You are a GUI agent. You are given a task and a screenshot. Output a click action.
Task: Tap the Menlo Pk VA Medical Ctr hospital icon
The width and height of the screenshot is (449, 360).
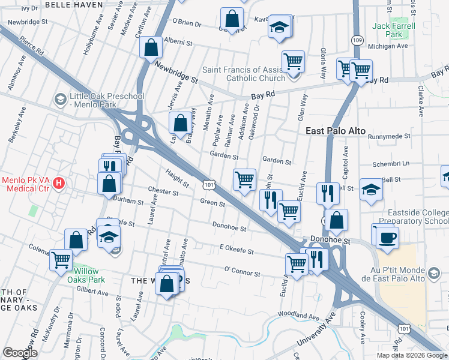(x=59, y=182)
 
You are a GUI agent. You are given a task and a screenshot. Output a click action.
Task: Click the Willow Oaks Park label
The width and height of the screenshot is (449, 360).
(x=83, y=275)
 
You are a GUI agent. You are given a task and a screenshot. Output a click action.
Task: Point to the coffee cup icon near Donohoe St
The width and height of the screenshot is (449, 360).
(x=387, y=236)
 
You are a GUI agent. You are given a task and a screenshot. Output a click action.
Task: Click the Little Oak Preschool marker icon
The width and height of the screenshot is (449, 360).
(x=60, y=98)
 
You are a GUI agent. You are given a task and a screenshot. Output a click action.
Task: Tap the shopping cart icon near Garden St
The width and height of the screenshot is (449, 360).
(x=244, y=179)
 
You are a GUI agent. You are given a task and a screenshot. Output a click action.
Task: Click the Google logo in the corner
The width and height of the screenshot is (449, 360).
(x=20, y=353)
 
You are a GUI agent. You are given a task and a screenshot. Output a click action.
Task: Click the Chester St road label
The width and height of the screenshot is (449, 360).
(x=163, y=193)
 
